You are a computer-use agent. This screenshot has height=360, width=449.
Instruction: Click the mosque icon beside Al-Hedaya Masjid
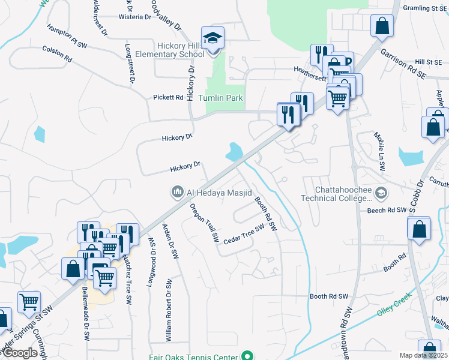[x=177, y=192]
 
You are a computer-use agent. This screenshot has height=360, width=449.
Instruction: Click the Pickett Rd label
[x=167, y=97]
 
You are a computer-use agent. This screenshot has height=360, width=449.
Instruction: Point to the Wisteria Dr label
[x=135, y=17]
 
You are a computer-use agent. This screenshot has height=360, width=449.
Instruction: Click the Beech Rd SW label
[x=387, y=211]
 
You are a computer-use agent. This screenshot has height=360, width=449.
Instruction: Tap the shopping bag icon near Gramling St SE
[x=382, y=26]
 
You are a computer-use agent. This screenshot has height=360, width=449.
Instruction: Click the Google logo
[x=20, y=353]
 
